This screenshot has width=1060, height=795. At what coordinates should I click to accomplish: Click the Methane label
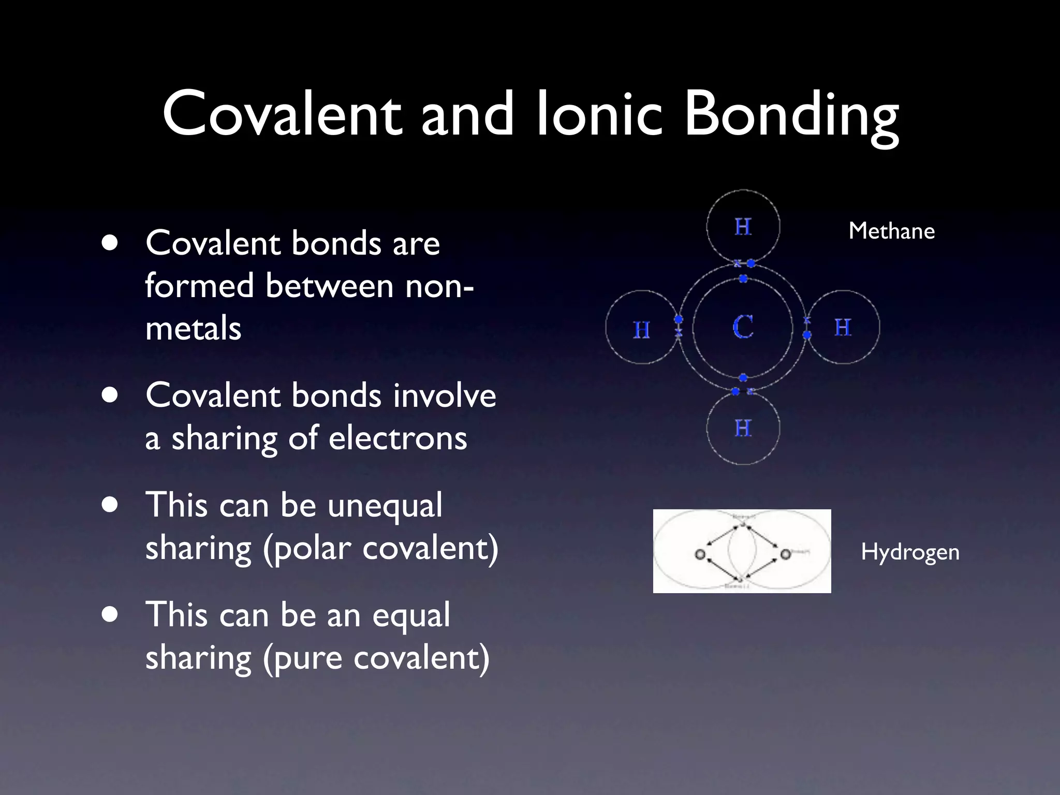click(x=891, y=231)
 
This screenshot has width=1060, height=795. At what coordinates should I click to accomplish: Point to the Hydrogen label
click(x=910, y=553)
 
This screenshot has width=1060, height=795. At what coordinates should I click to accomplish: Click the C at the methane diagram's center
click(x=743, y=327)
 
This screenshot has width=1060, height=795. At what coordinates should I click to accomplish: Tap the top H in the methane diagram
click(x=743, y=227)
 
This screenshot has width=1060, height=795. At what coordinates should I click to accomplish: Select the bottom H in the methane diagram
click(x=743, y=429)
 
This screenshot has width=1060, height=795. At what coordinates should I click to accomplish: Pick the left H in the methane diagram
click(x=642, y=330)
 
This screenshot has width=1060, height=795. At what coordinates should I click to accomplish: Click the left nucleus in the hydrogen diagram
click(x=700, y=554)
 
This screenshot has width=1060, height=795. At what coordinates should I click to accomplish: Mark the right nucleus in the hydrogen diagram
click(x=785, y=554)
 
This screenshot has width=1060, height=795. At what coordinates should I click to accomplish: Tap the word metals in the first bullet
click(x=194, y=329)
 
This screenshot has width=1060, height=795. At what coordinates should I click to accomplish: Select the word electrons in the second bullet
click(x=398, y=438)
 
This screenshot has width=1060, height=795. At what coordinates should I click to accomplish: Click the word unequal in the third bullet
click(x=385, y=506)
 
